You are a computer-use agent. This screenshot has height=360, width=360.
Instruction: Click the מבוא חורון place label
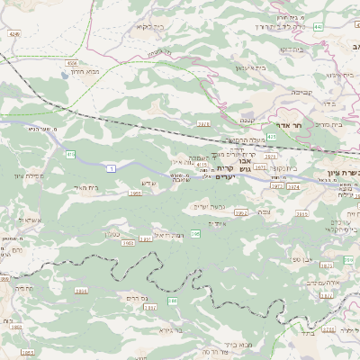(x=111, y=70)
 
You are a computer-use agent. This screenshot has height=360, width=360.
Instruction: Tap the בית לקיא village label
(x=148, y=27)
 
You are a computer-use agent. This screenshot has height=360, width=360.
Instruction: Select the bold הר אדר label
(x=302, y=126)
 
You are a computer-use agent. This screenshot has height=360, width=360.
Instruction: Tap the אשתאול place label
(x=31, y=220)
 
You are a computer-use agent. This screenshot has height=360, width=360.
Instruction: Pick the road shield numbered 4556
(x=71, y=64)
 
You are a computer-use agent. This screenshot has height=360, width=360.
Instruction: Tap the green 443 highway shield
(x=319, y=27)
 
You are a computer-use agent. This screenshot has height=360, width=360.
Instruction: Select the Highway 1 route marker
(x=111, y=166)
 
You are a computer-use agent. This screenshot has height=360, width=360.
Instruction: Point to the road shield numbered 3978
(x=202, y=121)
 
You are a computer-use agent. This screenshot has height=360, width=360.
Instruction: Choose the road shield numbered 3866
(x=81, y=291)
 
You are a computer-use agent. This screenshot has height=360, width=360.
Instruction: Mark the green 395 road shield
(x=194, y=234)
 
